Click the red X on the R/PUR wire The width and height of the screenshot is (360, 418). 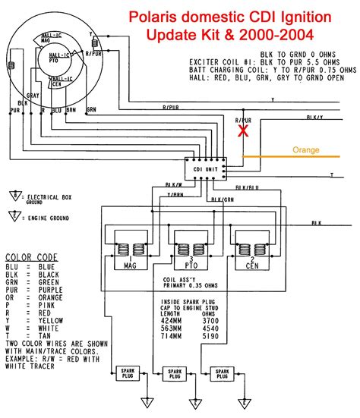tap(243, 130)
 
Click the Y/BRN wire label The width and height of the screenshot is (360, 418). tap(174, 194)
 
